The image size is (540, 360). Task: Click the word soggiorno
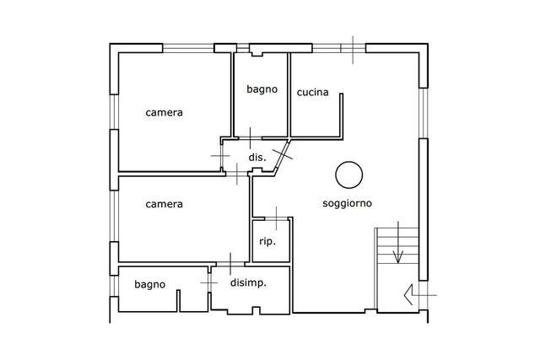tap(347, 203)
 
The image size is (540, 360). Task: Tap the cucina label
tap(313, 92)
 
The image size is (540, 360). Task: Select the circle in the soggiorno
tap(348, 175)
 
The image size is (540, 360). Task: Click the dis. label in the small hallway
tap(257, 158)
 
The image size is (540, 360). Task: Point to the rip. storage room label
tap(267, 242)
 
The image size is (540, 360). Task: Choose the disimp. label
tap(248, 283)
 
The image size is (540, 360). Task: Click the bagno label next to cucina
tap(262, 89)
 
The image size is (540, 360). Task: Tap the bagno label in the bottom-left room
tap(150, 285)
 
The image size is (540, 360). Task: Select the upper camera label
tap(164, 112)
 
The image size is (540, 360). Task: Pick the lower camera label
tap(164, 204)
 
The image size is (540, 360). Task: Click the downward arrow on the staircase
tap(398, 243)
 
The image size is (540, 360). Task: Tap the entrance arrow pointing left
tap(420, 295)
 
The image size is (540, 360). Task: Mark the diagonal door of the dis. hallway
tap(282, 155)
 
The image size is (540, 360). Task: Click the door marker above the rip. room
tap(276, 218)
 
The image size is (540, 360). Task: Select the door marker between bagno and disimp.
tap(209, 283)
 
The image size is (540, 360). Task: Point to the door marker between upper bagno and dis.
tap(251, 138)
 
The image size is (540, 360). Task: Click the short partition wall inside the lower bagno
tap(178, 301)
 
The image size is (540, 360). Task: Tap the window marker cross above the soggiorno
tap(353, 50)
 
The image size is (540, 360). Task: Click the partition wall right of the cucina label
tap(341, 116)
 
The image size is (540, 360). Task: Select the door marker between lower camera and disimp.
tap(230, 264)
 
